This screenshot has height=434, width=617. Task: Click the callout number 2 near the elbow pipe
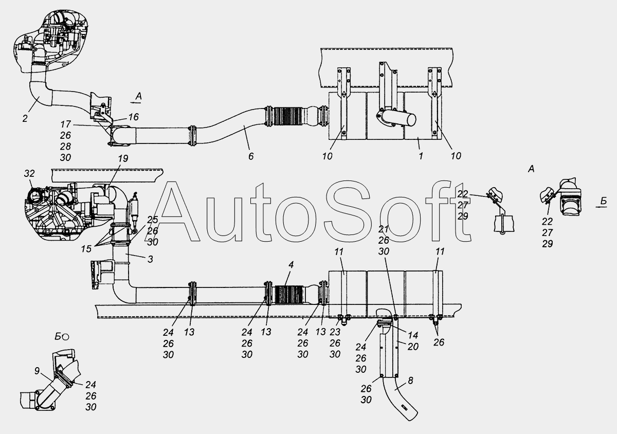[25, 118]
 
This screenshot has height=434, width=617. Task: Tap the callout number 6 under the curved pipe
[251, 156]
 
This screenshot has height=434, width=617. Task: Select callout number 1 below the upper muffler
[421, 156]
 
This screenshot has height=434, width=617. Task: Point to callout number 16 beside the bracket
[133, 117]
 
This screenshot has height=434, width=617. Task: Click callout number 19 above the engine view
[123, 158]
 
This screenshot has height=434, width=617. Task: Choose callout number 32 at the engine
[29, 173]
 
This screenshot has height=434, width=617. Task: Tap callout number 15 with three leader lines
[86, 249]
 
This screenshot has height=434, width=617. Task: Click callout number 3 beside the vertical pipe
[150, 259]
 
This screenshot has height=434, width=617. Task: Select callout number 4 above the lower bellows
[291, 264]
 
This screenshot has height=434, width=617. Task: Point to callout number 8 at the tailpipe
[410, 381]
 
